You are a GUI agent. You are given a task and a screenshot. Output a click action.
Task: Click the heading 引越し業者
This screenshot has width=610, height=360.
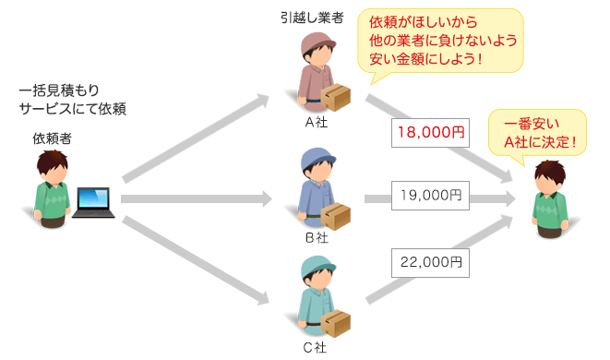pyautogui.click(x=315, y=18)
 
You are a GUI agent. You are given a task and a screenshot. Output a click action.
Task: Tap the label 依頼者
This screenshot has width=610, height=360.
pyautogui.click(x=53, y=138)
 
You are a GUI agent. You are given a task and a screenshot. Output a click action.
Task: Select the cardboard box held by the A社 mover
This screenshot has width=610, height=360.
pyautogui.click(x=337, y=96)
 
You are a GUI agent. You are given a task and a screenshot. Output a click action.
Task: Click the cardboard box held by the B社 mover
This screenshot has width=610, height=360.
pyautogui.click(x=337, y=214)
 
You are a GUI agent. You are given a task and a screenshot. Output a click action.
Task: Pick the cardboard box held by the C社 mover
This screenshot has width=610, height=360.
pyautogui.click(x=337, y=323)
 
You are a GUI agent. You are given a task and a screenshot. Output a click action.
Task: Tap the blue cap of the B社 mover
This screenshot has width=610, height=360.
pyautogui.click(x=316, y=158)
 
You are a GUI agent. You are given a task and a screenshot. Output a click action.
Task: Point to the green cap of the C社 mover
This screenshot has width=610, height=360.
pyautogui.click(x=316, y=269)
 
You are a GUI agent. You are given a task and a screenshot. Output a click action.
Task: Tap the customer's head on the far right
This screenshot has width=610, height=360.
pyautogui.click(x=552, y=175)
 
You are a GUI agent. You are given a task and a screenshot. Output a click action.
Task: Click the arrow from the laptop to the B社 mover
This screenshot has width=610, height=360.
pyautogui.click(x=194, y=198)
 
